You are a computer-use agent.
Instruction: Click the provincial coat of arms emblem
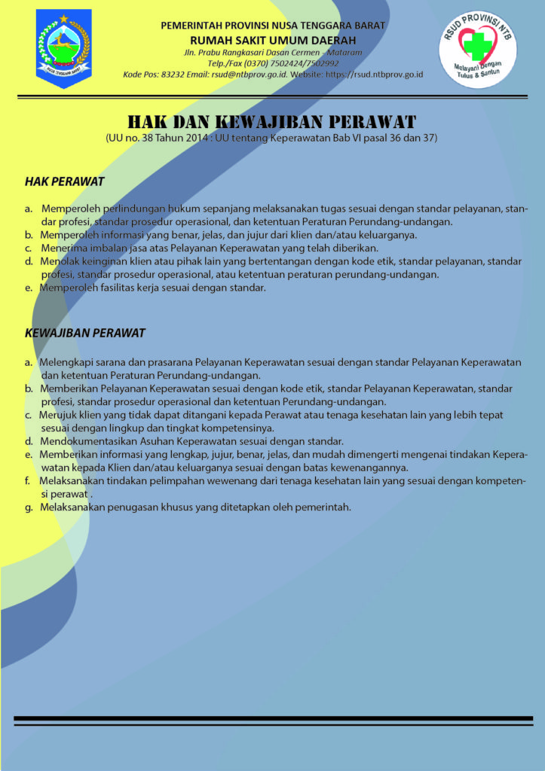(x=63, y=47)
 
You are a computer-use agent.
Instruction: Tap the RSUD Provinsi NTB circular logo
(x=478, y=50)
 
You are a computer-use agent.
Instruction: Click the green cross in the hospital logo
(x=476, y=47)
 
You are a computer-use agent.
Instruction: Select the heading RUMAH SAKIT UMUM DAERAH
(x=272, y=39)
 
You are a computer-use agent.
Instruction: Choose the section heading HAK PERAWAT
(x=64, y=181)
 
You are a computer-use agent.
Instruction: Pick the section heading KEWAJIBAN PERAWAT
(x=85, y=332)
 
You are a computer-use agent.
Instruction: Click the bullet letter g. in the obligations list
(x=28, y=507)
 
